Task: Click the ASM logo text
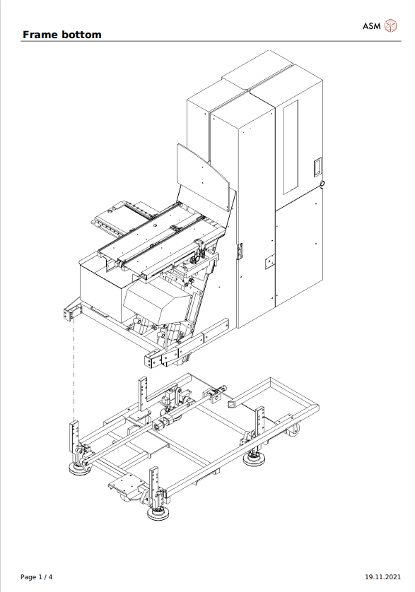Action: (372, 26)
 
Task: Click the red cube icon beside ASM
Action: (391, 26)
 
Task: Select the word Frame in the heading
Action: (40, 35)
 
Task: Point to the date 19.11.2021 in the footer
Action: (382, 577)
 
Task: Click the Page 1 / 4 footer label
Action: (37, 577)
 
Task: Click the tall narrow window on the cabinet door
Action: (291, 146)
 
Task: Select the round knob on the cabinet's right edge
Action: (323, 184)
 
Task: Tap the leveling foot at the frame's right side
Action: (252, 460)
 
